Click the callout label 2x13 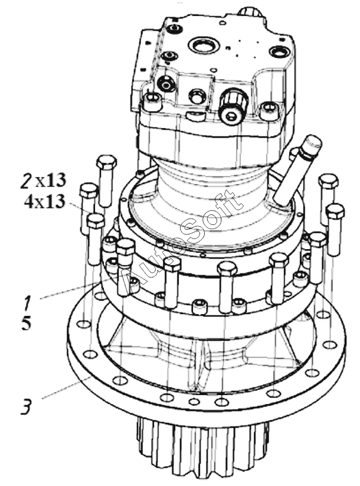[43, 180]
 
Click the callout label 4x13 [45, 201]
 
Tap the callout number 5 [27, 323]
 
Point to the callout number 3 [26, 407]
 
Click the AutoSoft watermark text [181, 241]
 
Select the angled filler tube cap [310, 146]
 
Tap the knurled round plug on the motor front [233, 107]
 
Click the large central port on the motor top [204, 47]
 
